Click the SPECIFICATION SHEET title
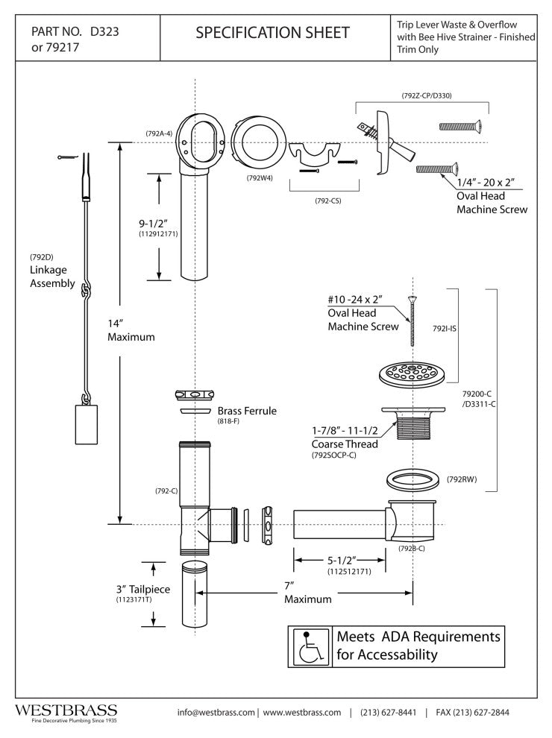tap(272, 33)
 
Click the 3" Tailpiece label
tap(142, 590)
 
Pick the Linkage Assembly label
tap(52, 276)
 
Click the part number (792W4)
tap(260, 179)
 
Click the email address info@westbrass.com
tap(216, 713)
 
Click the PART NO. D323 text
tap(75, 33)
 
